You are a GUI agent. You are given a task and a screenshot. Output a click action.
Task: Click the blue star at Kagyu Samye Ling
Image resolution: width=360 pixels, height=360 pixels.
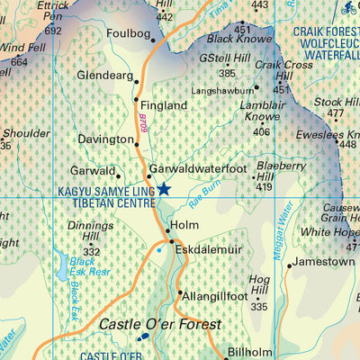[x=164, y=189]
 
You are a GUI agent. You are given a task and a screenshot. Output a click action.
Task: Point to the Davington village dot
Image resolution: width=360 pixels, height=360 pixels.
[x=138, y=140]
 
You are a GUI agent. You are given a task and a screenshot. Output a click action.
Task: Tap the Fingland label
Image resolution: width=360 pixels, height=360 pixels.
[x=164, y=105]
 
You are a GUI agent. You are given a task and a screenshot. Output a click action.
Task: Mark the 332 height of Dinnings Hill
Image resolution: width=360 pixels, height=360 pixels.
[x=91, y=252]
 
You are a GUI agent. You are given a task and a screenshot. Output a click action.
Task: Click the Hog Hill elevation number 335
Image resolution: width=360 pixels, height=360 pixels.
[x=259, y=307]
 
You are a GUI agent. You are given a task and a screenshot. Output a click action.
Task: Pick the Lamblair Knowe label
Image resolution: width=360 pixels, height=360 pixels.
[x=261, y=111]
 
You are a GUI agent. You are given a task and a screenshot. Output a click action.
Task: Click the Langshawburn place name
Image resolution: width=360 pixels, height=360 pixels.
[x=221, y=90]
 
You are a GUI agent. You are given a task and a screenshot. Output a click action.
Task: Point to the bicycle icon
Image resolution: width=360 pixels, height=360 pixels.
[x=348, y=8]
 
